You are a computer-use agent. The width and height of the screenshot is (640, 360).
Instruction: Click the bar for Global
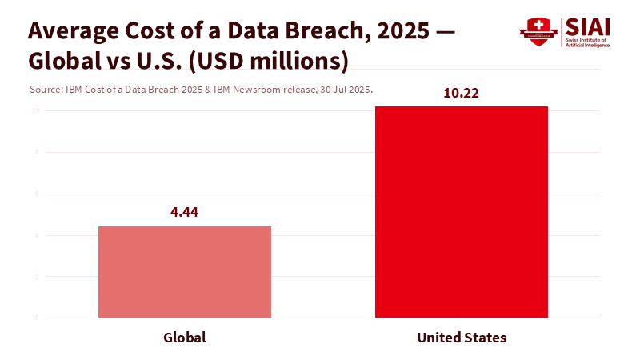(x=185, y=272)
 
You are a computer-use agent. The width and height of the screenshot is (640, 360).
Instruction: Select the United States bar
(x=462, y=212)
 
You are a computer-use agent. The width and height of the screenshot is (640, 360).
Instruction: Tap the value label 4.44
(x=185, y=213)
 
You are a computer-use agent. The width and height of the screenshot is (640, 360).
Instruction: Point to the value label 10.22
(x=461, y=93)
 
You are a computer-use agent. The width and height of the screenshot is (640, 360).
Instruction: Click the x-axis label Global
(x=185, y=338)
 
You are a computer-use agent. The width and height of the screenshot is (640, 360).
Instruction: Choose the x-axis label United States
(x=462, y=338)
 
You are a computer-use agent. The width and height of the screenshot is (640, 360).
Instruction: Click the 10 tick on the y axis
(x=35, y=110)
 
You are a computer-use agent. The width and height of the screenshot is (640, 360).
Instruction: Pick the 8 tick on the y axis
(x=37, y=152)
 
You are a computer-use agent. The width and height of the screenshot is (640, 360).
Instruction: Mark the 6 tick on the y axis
(x=37, y=194)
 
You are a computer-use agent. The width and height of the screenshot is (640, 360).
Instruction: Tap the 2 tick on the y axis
(x=37, y=277)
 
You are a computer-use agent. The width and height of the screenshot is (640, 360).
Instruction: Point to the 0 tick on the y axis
(x=37, y=318)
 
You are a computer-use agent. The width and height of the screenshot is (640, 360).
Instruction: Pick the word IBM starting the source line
(x=71, y=90)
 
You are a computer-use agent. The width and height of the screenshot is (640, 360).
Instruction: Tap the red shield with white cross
(x=538, y=31)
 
